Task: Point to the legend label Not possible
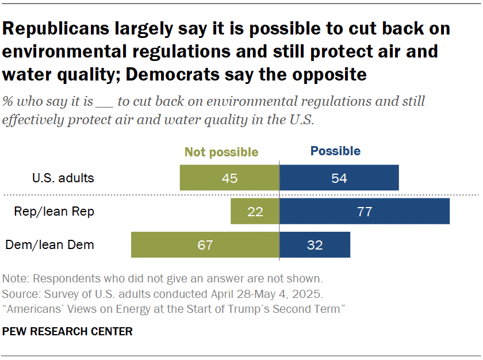221,152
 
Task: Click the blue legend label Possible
335,151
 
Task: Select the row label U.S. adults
63,178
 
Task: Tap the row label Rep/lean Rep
54,212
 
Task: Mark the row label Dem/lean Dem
50,245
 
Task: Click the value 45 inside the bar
230,178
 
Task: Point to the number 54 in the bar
339,178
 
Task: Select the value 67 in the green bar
205,246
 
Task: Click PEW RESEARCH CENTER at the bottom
68,332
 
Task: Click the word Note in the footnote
15,279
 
